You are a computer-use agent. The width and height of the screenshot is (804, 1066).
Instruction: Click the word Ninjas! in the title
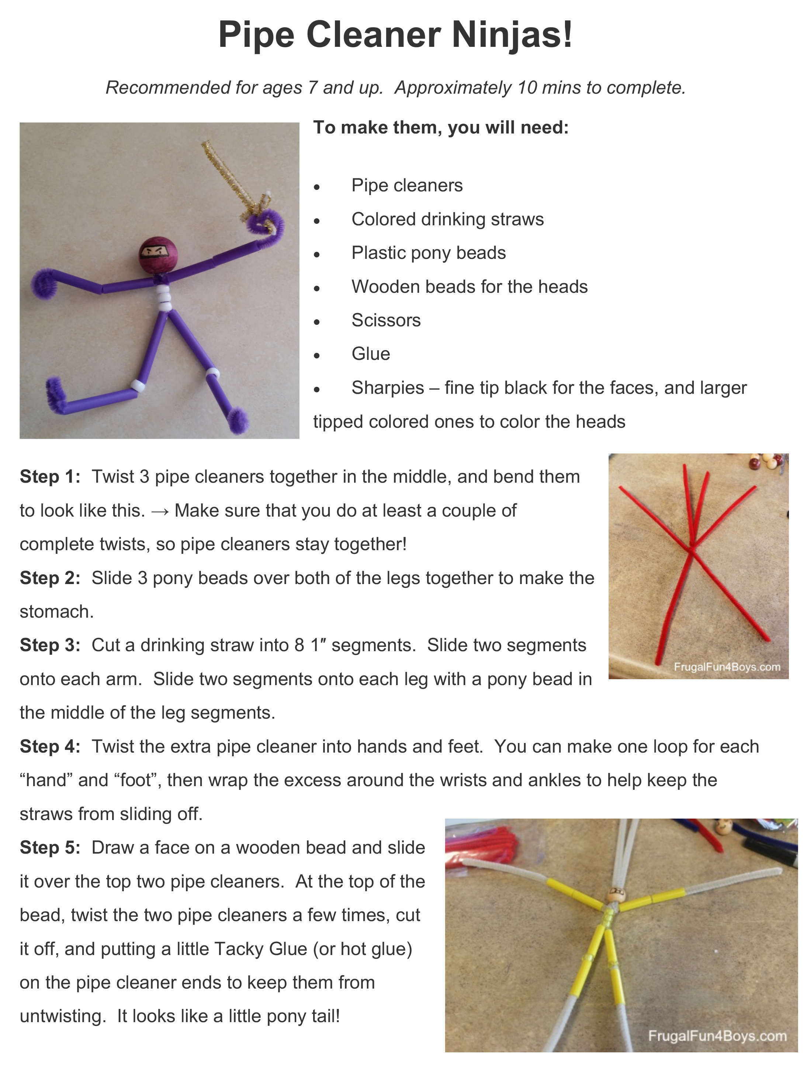click(x=512, y=35)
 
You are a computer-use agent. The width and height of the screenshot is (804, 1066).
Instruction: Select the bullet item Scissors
click(x=386, y=320)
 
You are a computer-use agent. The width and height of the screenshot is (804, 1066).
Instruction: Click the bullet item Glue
click(x=370, y=354)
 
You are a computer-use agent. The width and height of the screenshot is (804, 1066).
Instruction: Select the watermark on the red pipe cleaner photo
click(x=727, y=667)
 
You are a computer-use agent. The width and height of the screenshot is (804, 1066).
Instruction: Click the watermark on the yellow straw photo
click(x=717, y=1036)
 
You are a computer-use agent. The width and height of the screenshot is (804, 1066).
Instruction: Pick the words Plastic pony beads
click(x=428, y=253)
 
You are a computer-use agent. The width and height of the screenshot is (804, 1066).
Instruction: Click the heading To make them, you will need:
click(x=441, y=127)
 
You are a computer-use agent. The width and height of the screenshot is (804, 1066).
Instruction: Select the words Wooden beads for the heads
click(x=469, y=286)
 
